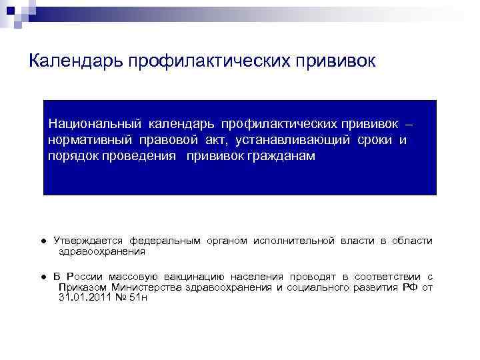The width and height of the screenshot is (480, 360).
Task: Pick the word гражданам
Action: pos(274,157)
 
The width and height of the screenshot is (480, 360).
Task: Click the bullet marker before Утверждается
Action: pos(42,241)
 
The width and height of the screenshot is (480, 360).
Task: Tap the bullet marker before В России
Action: pos(42,277)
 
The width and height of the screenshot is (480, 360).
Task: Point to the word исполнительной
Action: pos(292,241)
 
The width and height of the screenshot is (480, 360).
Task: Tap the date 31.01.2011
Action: pos(83,297)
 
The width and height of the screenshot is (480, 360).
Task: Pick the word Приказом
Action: pos(81,287)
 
